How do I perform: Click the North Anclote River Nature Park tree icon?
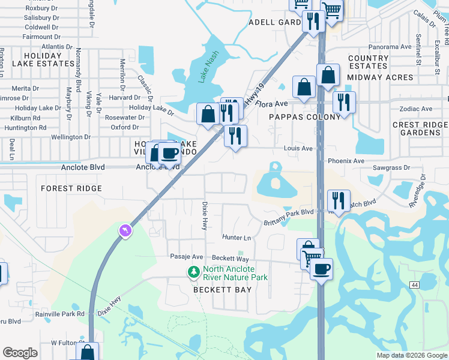point(193,273)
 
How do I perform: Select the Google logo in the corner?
point(20,353)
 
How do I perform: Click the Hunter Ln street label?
point(236,238)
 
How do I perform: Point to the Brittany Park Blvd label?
point(289,217)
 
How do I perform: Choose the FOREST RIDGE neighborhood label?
point(71,188)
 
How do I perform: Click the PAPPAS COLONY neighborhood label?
point(297,117)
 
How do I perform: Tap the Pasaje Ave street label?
point(187,257)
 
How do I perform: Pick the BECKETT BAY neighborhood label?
point(221,289)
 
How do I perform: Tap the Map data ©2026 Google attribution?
point(411,355)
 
